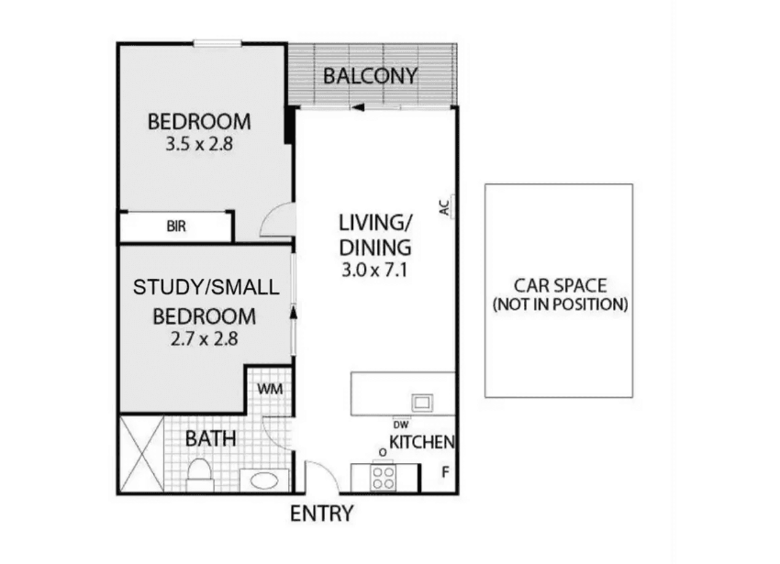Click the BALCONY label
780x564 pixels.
[x=370, y=76]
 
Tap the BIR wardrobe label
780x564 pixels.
[x=176, y=227]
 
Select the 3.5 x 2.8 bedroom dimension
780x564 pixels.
[x=199, y=144]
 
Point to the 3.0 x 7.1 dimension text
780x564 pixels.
[x=374, y=270]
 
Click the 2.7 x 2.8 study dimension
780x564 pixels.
[x=204, y=338]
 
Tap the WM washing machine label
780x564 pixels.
[x=270, y=389]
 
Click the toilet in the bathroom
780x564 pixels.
[x=199, y=475]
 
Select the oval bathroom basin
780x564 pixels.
[x=263, y=481]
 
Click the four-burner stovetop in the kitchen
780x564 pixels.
[x=383, y=478]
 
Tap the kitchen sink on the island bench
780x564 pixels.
[x=422, y=403]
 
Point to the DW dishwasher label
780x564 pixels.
[x=400, y=425]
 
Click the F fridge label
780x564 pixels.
[x=446, y=472]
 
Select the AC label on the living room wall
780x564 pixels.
[x=445, y=208]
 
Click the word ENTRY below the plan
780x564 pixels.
[x=321, y=514]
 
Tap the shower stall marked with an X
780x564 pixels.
[x=141, y=454]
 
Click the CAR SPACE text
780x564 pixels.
[x=560, y=285]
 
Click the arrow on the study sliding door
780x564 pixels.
[x=293, y=313]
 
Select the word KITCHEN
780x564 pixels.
[x=422, y=442]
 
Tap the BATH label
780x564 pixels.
[x=210, y=439]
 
